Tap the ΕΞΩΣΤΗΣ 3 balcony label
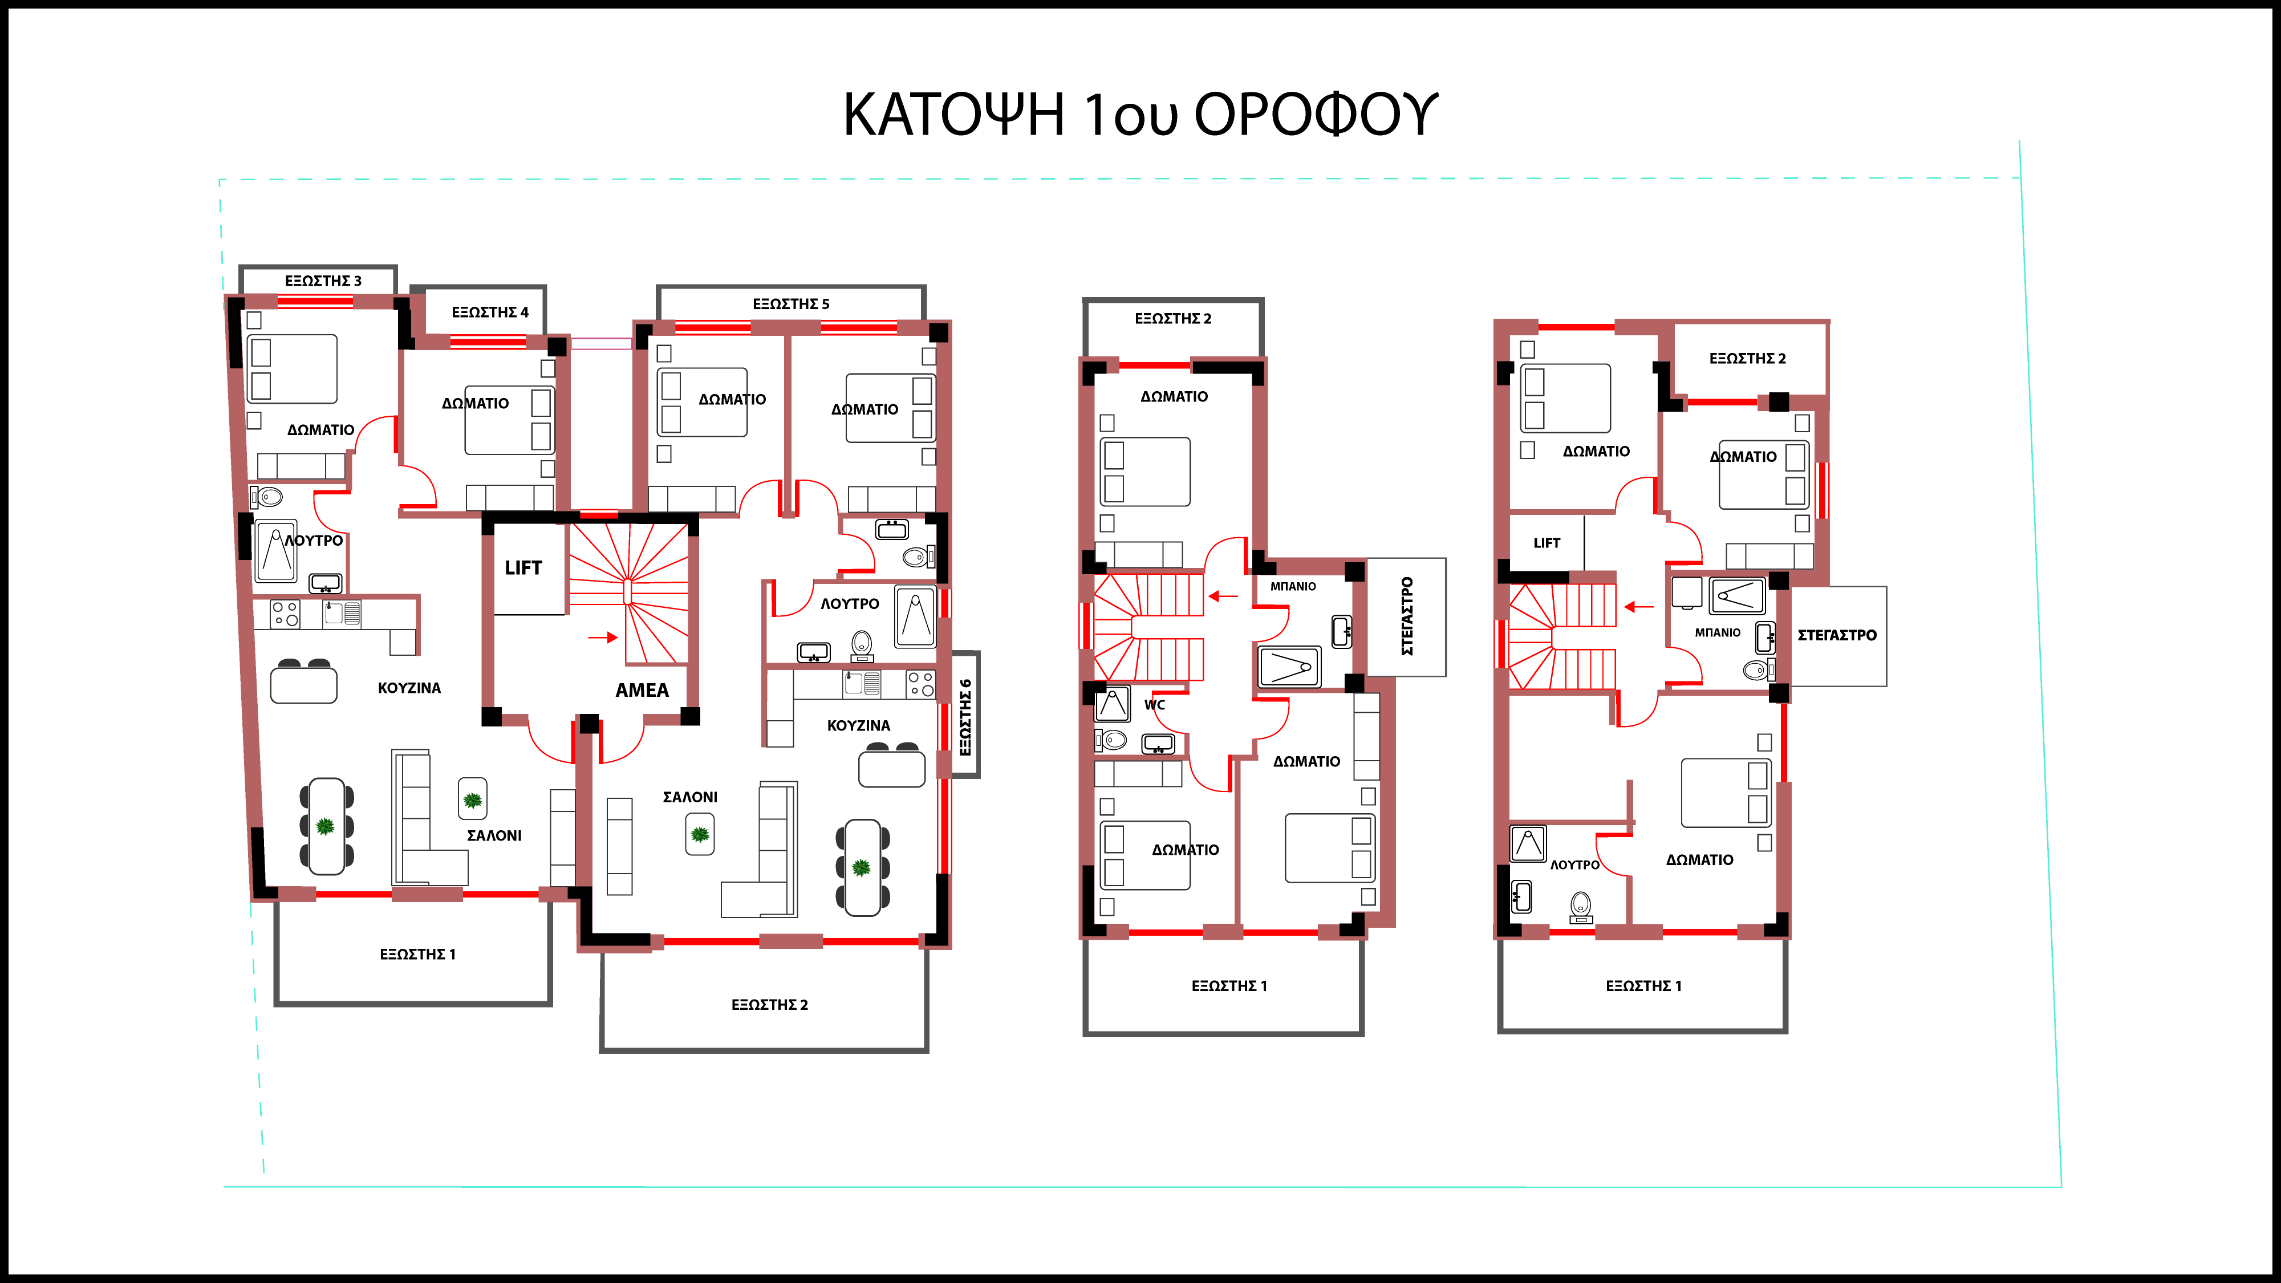(323, 281)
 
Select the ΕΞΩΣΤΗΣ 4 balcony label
(490, 312)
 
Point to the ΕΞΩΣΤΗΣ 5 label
(791, 304)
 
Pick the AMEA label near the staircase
(642, 690)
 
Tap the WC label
(1155, 705)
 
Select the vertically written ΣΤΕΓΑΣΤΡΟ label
(1407, 616)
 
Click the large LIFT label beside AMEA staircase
(523, 567)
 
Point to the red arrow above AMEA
(603, 636)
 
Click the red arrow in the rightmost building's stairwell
(1639, 607)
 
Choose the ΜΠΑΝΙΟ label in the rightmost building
(1717, 632)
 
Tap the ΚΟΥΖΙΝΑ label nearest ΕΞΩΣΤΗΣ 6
(858, 725)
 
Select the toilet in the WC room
(1111, 740)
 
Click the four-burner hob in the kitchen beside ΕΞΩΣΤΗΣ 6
(921, 684)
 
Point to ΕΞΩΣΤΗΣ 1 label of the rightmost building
(1643, 985)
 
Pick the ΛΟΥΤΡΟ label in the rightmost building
(1574, 864)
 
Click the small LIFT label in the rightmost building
(1547, 543)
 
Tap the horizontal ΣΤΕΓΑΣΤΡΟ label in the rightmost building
(1836, 635)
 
